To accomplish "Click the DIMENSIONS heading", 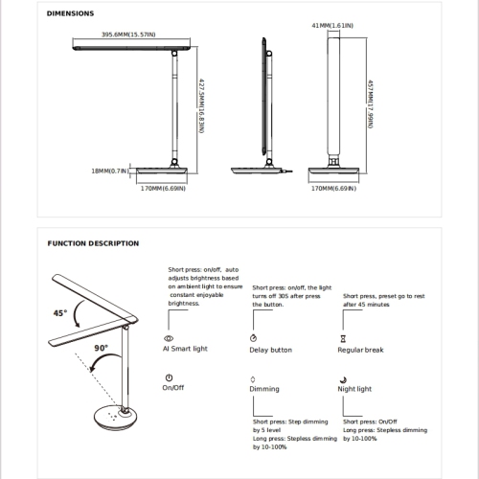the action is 70,13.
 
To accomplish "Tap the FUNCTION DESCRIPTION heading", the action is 93,243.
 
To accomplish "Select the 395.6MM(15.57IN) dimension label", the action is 128,34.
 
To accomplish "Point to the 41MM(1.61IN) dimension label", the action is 332,25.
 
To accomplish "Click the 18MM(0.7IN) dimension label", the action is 110,171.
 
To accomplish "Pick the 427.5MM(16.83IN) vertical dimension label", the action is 201,106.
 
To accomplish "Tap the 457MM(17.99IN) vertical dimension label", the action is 370,104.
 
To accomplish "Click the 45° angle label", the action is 60,313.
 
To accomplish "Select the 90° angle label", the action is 101,348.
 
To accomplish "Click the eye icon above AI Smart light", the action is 169,338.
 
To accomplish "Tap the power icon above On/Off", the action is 169,377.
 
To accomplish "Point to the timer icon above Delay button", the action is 253,338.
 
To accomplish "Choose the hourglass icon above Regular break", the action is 343,338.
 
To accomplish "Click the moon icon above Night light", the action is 343,379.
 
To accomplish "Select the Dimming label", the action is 264,389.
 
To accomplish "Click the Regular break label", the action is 360,350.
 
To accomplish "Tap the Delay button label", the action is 271,350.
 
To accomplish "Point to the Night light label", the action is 354,389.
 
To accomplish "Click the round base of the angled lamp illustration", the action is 116,418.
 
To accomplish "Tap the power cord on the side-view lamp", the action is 286,171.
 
